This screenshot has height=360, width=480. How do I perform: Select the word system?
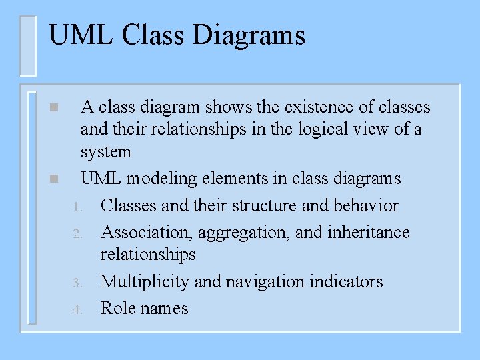105,153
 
